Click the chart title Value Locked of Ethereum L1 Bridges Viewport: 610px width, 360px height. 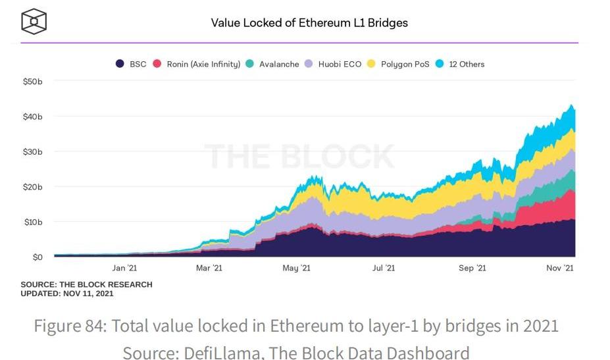[309, 23]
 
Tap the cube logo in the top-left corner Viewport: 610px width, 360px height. [34, 21]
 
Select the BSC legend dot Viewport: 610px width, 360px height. [120, 64]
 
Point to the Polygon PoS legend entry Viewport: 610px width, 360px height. [405, 64]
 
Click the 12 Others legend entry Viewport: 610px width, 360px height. [466, 64]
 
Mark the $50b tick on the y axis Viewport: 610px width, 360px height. [32, 82]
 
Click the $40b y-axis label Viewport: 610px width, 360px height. [32, 116]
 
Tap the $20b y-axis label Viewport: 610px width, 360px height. [32, 187]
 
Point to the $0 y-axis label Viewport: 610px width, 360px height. [38, 257]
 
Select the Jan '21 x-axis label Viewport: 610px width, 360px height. [124, 269]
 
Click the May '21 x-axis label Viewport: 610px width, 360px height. [296, 269]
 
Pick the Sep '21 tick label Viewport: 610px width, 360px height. [472, 269]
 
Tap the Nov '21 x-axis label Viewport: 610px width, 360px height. [561, 269]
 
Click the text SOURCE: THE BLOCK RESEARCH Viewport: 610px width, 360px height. [86, 285]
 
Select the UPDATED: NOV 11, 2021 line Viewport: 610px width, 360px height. [67, 294]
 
